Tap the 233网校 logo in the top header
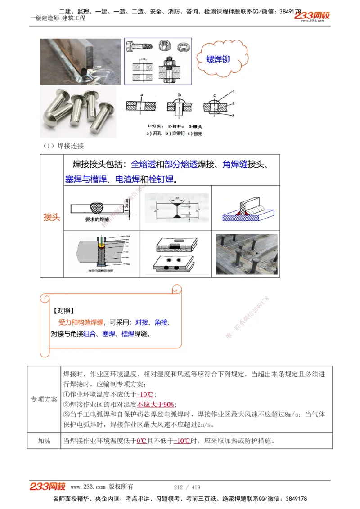pos(312,16)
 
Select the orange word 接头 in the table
pos(52,217)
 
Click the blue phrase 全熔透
pos(143,165)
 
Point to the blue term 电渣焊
pos(128,179)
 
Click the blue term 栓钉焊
pos(161,179)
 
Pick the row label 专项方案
pos(44,399)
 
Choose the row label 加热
pos(44,441)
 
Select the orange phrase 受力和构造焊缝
pos(81,322)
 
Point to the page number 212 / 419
pos(187,487)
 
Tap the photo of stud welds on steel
pos(247,254)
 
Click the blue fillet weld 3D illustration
pos(245,208)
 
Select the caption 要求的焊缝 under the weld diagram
pos(95,219)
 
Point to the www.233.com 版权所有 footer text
pos(102,487)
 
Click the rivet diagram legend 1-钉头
pos(155,127)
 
